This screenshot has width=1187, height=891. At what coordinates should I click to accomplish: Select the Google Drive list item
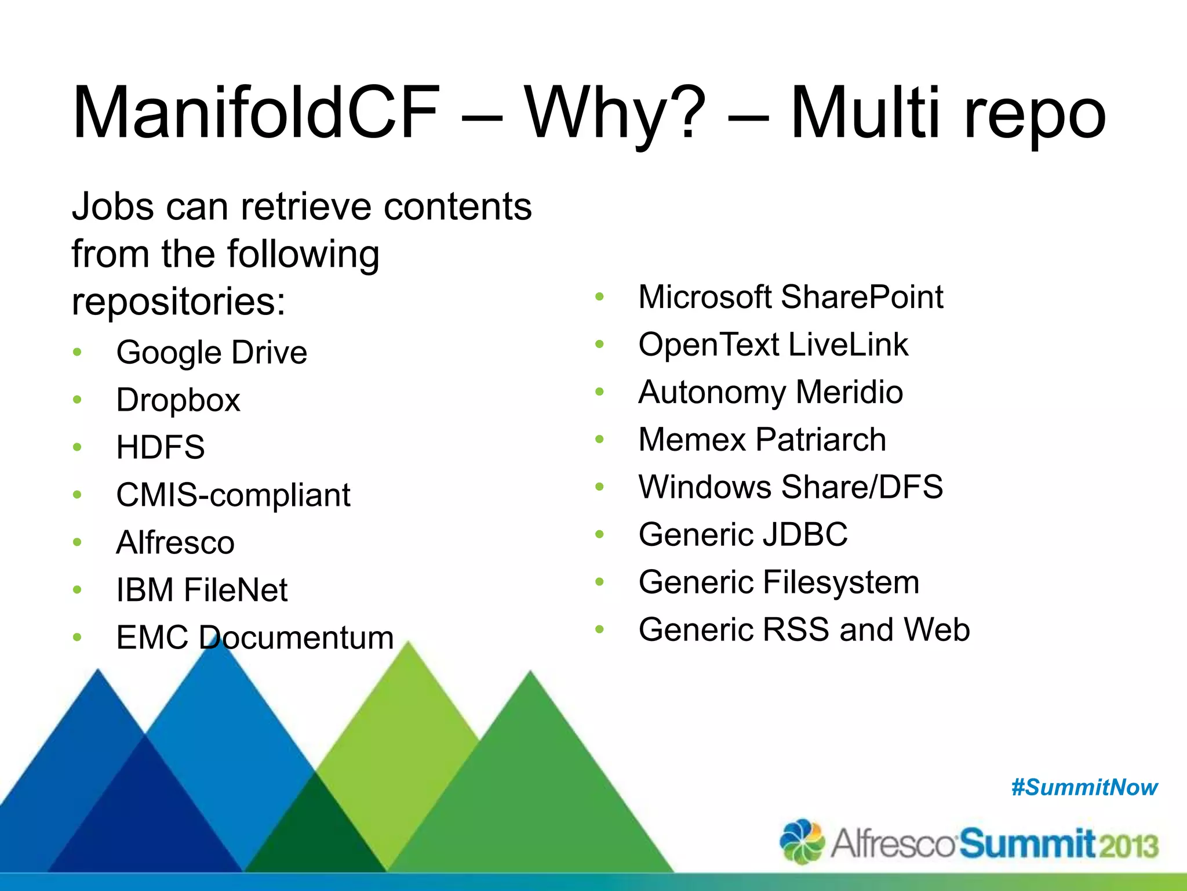(x=212, y=352)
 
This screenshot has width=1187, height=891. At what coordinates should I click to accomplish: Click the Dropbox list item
(x=178, y=400)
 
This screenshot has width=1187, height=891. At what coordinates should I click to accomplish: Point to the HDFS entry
(x=161, y=447)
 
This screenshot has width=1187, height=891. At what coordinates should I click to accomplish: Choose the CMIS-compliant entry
(x=233, y=495)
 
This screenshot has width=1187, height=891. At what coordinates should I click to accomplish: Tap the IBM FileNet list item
(x=202, y=590)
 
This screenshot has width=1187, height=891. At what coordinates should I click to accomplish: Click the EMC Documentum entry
(x=255, y=638)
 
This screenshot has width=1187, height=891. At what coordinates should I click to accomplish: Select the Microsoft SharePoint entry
(x=791, y=297)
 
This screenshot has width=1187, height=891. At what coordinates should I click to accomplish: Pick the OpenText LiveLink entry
(x=773, y=345)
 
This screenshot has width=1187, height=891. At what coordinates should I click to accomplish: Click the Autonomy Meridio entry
(x=770, y=392)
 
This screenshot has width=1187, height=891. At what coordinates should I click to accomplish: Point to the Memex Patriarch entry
(x=762, y=440)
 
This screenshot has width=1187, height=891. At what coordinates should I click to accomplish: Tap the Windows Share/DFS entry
(x=791, y=487)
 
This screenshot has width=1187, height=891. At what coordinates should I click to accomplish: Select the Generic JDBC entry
(x=743, y=534)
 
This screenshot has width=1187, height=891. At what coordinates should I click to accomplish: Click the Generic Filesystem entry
(x=778, y=582)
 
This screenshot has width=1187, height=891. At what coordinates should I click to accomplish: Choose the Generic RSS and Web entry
(x=804, y=629)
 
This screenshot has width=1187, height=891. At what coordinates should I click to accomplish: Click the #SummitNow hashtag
(x=1084, y=788)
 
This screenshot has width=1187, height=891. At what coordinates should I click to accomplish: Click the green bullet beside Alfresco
(x=78, y=542)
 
